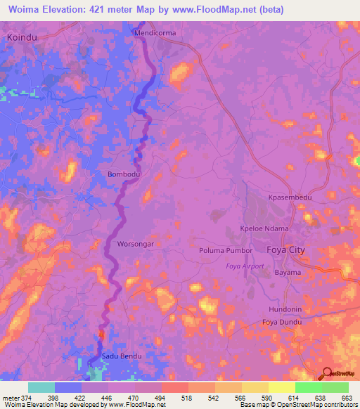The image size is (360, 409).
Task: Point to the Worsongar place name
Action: tap(135, 244)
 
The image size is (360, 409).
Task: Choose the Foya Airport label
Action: tap(245, 266)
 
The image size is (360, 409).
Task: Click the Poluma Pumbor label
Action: tap(225, 250)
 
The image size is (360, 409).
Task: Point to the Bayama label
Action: tap(288, 272)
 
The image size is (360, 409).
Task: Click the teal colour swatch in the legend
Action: tap(41, 387)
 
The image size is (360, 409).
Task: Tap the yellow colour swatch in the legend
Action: tap(281, 387)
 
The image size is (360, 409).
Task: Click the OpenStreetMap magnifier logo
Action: tap(327, 375)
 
